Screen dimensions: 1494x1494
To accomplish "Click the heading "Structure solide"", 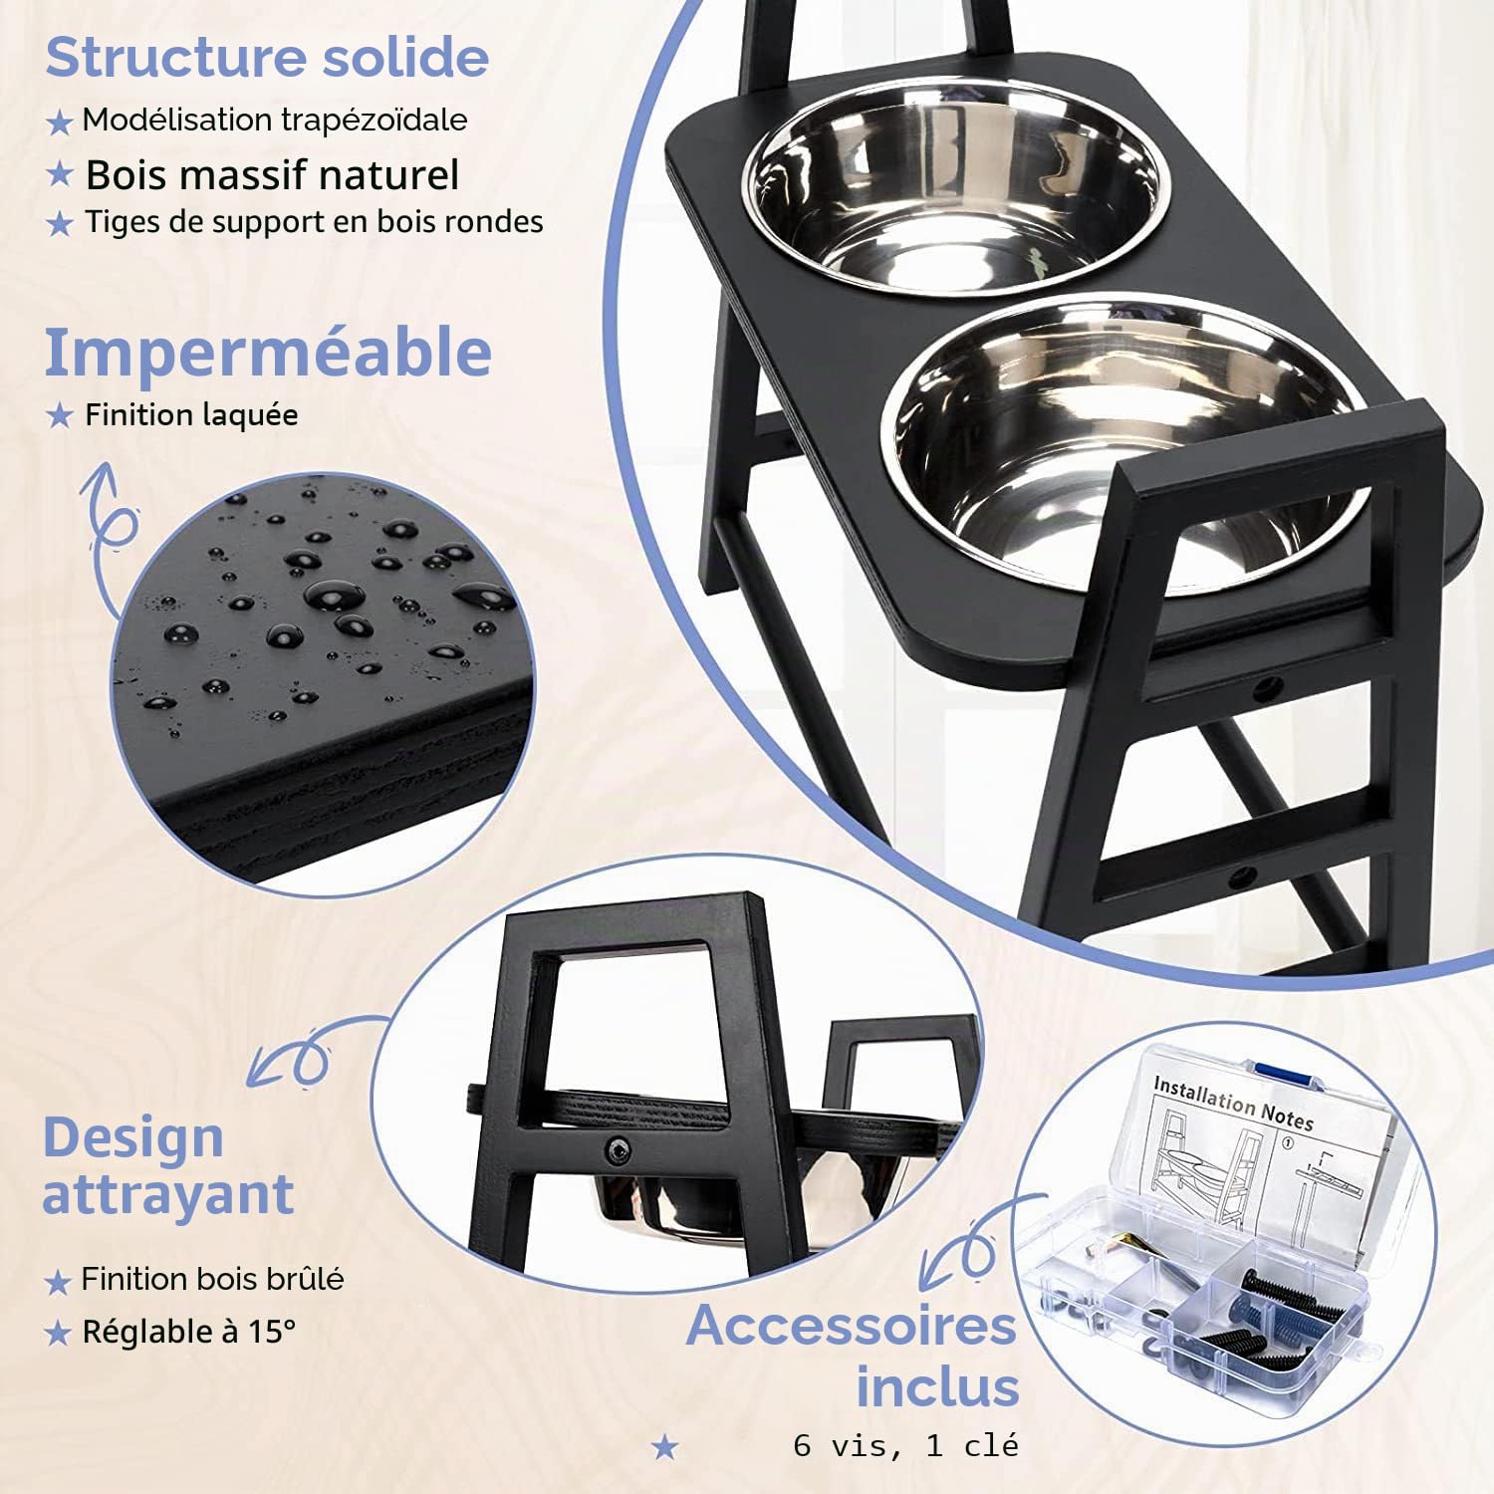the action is pos(267,57).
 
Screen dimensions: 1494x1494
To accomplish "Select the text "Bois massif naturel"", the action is pos(272,175).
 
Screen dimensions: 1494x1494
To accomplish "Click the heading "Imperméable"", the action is pos(268,353).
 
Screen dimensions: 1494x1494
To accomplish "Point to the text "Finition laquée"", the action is pos(191,414).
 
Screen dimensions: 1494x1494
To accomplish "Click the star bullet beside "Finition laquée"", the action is pos(60,415).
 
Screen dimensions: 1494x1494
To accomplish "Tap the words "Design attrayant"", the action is pos(167,1165).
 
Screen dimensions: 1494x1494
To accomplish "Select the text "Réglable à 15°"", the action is pos(189,1332).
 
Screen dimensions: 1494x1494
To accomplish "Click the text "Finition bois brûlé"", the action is pos(213,1279).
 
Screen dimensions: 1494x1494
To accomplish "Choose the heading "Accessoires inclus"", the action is pos(853,1357).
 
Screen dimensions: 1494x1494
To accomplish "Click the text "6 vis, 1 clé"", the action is pos(906,1445).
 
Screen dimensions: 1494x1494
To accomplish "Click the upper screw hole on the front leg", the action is pos(1268,686).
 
